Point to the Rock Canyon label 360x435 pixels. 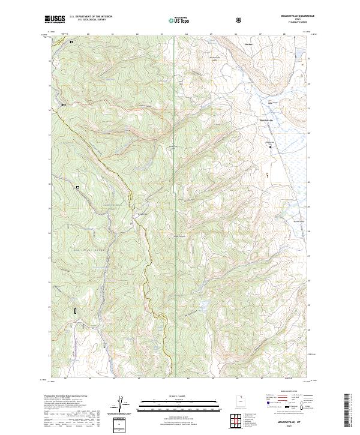tap(179, 236)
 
